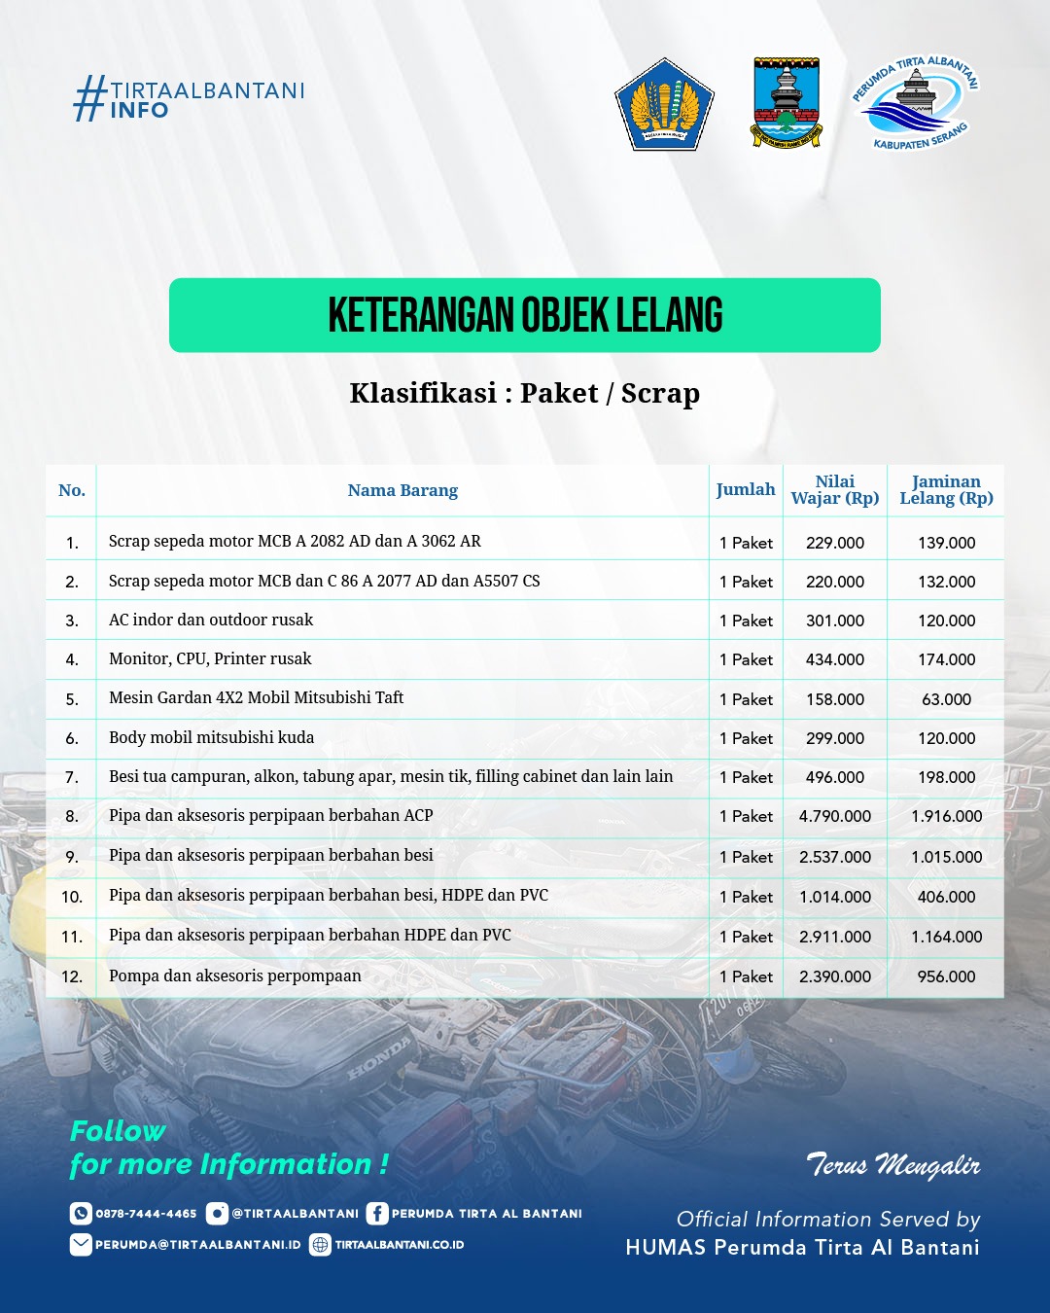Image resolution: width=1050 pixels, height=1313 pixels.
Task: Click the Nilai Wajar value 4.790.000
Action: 834,816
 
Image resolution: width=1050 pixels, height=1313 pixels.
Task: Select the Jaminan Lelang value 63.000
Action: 946,699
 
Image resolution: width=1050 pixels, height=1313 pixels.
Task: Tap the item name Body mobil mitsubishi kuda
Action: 212,737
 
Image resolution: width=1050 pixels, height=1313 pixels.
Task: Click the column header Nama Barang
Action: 402,490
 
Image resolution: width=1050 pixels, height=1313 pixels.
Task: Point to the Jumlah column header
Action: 746,489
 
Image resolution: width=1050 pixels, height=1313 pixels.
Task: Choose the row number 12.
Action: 72,976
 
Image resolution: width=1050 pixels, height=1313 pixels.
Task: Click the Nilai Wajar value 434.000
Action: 834,659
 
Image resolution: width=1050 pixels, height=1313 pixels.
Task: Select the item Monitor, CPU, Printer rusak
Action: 210,658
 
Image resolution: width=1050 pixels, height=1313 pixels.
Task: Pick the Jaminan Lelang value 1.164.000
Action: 946,937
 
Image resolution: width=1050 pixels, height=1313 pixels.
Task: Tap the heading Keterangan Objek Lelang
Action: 525,315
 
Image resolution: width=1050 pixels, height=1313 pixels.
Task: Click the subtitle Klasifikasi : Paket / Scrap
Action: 525,393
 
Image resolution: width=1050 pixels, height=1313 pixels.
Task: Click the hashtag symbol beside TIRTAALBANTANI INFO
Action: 89,98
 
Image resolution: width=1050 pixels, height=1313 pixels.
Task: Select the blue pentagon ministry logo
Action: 664,104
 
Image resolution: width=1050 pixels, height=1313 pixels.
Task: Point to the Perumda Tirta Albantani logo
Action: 915,102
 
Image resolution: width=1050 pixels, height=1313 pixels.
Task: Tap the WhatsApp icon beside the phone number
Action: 81,1213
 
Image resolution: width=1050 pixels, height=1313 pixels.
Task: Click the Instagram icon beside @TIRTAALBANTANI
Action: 217,1213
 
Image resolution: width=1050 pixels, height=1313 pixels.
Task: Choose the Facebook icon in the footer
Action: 377,1213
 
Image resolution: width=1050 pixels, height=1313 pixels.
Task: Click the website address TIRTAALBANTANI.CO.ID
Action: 399,1245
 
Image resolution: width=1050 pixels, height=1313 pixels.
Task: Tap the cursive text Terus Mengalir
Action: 892,1164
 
